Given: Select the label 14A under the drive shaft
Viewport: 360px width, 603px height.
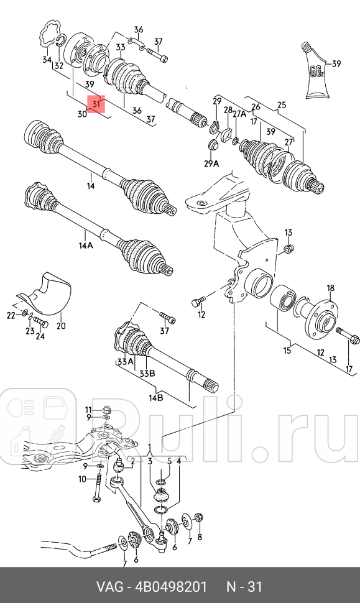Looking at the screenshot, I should (x=86, y=246).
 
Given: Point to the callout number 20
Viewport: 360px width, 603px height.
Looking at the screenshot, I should (x=61, y=325).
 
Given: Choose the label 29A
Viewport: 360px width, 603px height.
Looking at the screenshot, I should (x=212, y=163).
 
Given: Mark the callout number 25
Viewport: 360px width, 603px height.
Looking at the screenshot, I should (x=282, y=105).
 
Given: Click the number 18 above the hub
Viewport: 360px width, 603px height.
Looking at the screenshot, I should (x=330, y=288).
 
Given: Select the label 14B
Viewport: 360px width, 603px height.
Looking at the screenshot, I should (x=155, y=397).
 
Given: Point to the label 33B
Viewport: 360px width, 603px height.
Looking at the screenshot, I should (x=147, y=374).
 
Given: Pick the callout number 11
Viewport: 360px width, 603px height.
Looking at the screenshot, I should (x=88, y=408).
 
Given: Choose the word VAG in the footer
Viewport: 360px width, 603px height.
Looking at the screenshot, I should (x=108, y=587).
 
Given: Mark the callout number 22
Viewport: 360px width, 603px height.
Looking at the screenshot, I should (x=11, y=316).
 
